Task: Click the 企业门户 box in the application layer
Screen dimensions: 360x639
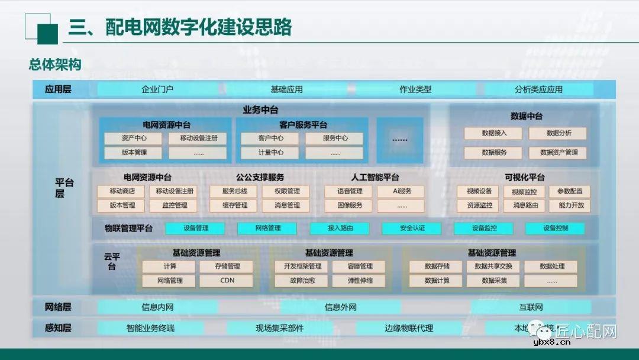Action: (157, 89)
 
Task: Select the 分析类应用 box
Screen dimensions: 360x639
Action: (538, 89)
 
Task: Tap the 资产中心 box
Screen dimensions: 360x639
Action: (134, 138)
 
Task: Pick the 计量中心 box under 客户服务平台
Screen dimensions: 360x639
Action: (270, 152)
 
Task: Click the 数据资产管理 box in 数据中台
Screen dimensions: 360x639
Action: (559, 152)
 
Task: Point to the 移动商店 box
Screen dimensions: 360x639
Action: (122, 191)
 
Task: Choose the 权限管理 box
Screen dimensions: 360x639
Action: (287, 191)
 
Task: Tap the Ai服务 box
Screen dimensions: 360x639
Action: (402, 191)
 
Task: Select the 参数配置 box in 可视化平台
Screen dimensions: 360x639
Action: (570, 191)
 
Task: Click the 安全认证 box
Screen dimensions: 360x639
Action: (412, 228)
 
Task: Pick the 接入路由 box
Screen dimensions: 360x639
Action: (340, 228)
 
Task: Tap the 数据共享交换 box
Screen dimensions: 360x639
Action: (494, 266)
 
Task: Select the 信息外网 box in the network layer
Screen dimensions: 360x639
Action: (340, 307)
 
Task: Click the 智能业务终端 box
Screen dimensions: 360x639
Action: (150, 327)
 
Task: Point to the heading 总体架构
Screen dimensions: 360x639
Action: (54, 65)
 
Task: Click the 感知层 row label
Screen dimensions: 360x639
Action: (58, 327)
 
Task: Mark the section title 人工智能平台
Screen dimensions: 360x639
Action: (375, 177)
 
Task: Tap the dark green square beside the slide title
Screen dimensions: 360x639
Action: (47, 34)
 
